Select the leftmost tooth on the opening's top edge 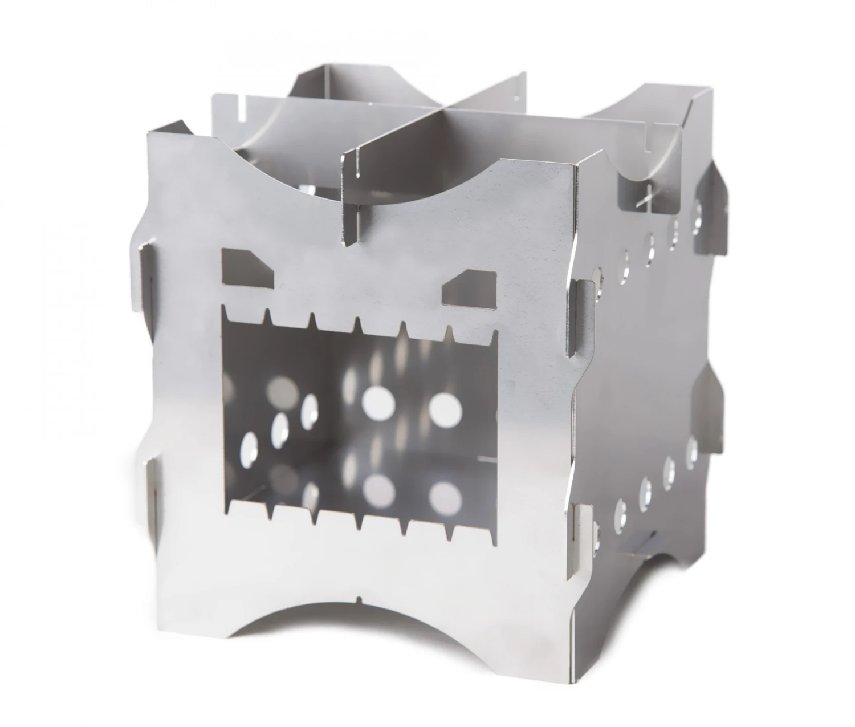tap(226, 313)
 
